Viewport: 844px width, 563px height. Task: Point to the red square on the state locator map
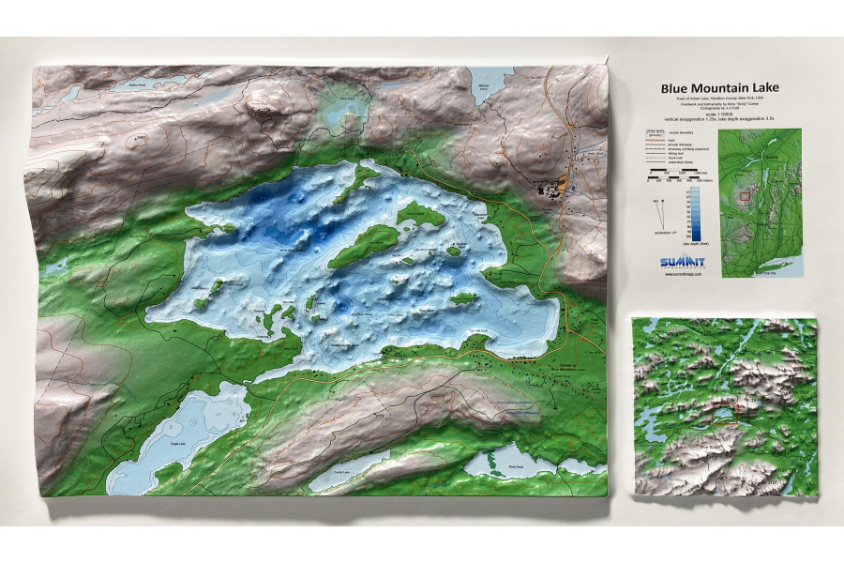tap(746, 197)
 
